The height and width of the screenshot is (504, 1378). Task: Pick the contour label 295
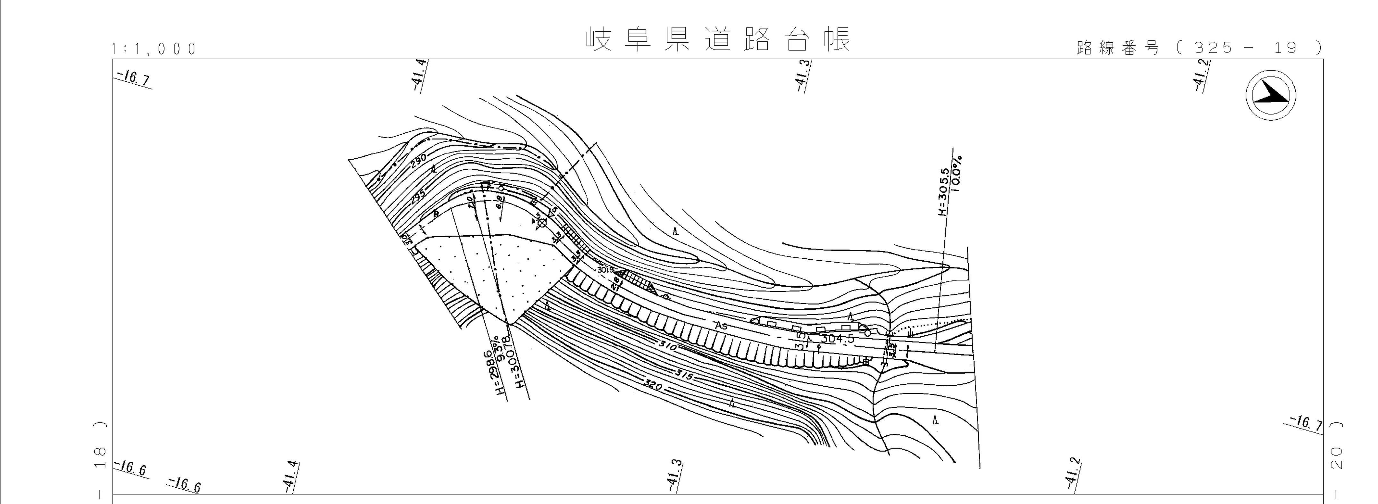point(418,197)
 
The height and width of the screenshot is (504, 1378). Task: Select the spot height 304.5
point(837,339)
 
